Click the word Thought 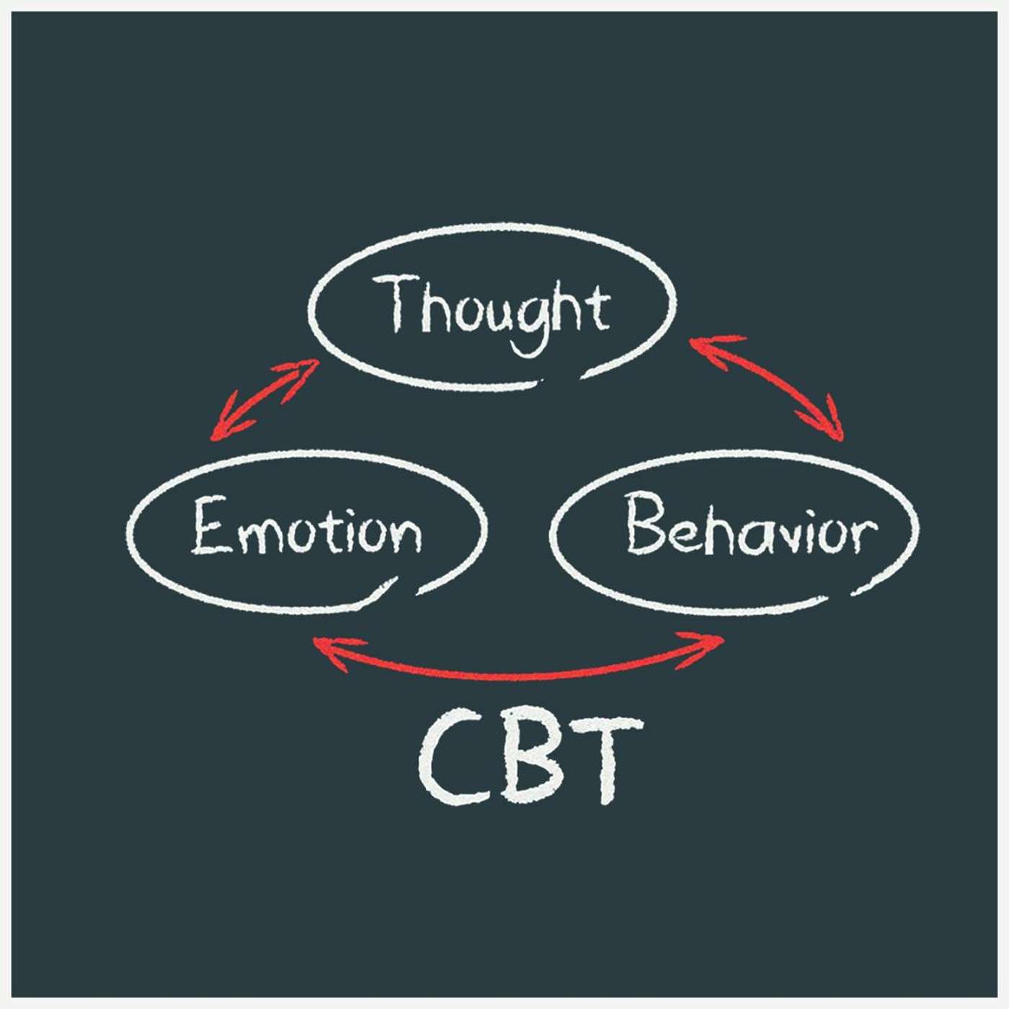pos(496,308)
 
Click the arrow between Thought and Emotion pos(265,400)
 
